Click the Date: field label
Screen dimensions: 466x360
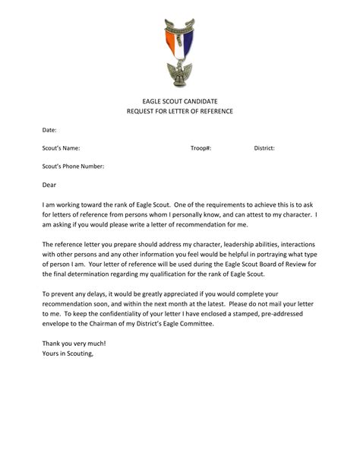coord(49,130)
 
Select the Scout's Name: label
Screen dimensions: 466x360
coord(62,148)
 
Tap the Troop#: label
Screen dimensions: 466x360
coord(201,148)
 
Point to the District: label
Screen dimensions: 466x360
coord(264,148)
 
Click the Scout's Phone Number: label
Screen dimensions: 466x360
coord(73,166)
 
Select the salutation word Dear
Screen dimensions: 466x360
coord(49,184)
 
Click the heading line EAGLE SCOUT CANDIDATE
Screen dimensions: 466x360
coord(179,101)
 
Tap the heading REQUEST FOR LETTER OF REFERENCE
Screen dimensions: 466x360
coord(179,112)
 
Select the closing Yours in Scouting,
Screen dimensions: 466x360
coord(68,353)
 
